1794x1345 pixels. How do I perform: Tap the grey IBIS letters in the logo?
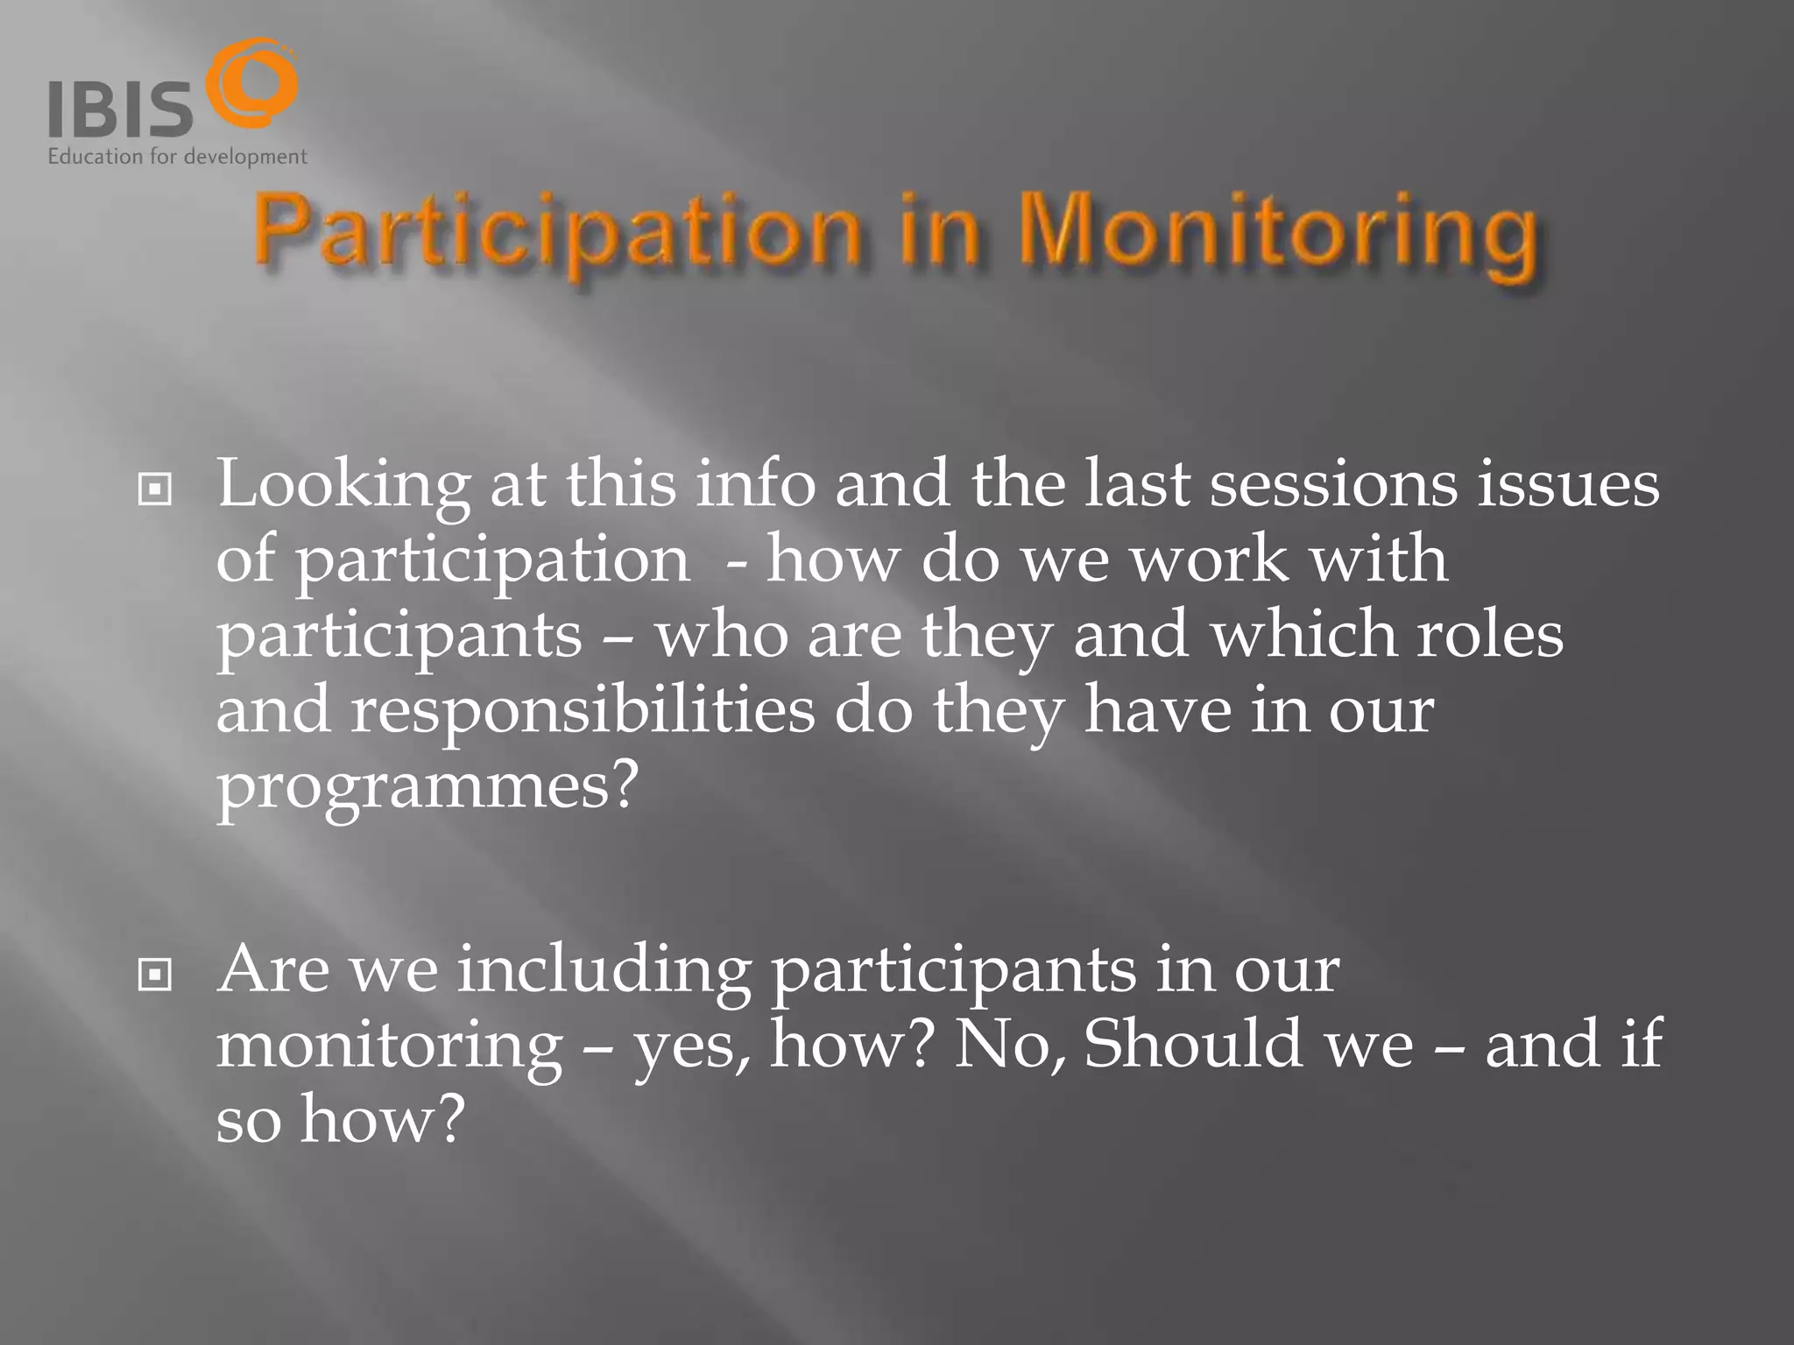(x=119, y=109)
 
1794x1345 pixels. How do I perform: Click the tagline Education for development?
(x=177, y=158)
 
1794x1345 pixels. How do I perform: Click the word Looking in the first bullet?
(x=343, y=485)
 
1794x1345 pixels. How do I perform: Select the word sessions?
(x=1332, y=485)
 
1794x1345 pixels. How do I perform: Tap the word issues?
(x=1568, y=485)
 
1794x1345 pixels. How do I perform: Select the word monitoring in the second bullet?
(x=389, y=1046)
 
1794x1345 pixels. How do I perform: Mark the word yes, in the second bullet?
(x=692, y=1047)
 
